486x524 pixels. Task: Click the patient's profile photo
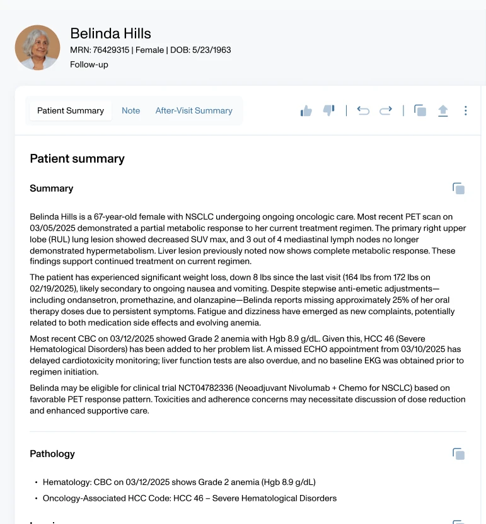(37, 47)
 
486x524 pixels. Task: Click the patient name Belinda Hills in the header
(110, 33)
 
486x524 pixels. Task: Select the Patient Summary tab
(71, 110)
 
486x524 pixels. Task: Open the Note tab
(130, 110)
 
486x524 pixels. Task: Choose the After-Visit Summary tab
(194, 110)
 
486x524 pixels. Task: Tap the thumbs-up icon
(306, 111)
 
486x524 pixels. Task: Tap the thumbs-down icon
(328, 110)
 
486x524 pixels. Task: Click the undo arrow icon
(363, 111)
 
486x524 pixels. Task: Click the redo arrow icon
(385, 111)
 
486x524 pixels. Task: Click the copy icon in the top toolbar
(420, 111)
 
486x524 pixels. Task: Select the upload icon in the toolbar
(443, 111)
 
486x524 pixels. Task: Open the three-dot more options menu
(465, 111)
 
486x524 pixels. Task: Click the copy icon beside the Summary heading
(458, 189)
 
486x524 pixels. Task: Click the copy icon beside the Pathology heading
(458, 454)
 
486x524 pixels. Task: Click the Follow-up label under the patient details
(89, 64)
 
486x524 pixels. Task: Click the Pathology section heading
(52, 454)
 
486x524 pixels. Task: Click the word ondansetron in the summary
(100, 300)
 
